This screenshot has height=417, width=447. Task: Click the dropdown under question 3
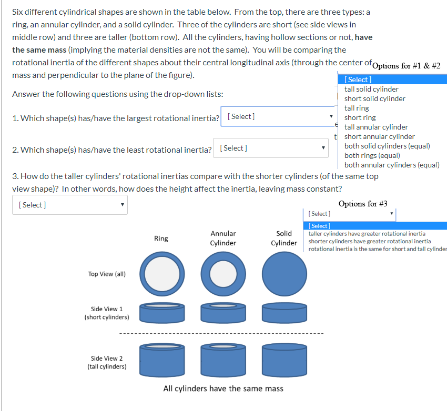69,204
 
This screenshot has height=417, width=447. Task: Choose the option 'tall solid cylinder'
371,89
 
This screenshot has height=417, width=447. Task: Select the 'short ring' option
360,117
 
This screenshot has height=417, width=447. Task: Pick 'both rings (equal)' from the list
372,155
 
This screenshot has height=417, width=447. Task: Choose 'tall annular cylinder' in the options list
376,127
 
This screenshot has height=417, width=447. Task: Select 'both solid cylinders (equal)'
387,146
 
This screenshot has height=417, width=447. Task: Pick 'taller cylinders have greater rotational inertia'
367,234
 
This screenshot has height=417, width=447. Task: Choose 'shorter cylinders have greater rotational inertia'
370,241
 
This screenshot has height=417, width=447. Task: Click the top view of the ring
161,274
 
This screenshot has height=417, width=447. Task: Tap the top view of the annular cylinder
223,274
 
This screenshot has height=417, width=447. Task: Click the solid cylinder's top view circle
284,274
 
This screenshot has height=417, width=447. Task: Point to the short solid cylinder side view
284,313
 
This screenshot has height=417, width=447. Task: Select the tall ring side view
161,362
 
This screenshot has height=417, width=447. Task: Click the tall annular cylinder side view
223,362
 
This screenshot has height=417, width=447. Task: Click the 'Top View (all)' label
107,274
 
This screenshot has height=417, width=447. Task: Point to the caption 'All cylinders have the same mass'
223,389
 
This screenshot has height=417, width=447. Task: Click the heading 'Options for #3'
363,204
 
